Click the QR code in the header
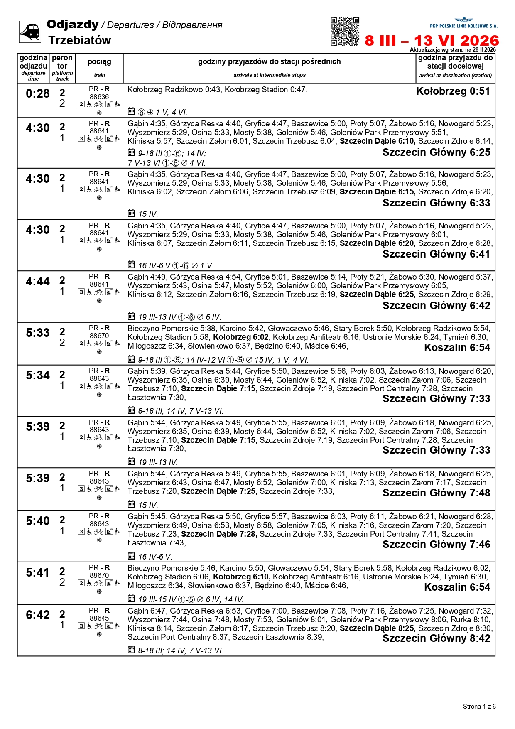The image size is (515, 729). click(x=345, y=32)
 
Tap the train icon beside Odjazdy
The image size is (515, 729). click(x=30, y=32)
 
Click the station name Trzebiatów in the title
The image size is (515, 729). click(x=79, y=40)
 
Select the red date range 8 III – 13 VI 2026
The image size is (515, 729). click(x=432, y=41)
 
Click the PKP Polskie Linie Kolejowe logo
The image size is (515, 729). click(x=463, y=23)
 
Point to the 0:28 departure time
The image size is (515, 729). click(x=37, y=94)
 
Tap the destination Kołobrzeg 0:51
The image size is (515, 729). click(x=453, y=91)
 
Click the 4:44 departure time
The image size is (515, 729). click(x=37, y=282)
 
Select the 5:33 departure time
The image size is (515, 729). click(x=37, y=333)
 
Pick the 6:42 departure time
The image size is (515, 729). click(x=37, y=615)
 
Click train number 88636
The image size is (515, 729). click(x=99, y=97)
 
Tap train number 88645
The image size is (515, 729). click(x=99, y=618)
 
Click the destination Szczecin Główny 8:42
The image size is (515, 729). click(x=436, y=638)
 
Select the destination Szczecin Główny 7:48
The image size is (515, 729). click(x=436, y=493)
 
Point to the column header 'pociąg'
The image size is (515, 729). click(x=99, y=62)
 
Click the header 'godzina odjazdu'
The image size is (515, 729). click(x=33, y=62)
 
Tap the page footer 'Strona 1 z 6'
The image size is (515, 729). click(x=479, y=707)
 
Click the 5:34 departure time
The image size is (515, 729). click(x=37, y=376)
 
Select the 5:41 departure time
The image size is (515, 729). click(x=37, y=573)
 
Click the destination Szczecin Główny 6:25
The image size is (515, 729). click(x=436, y=152)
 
